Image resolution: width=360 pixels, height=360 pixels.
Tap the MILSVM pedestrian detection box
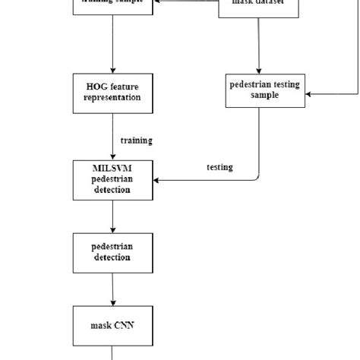[112, 180]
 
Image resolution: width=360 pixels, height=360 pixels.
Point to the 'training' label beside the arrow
[136, 140]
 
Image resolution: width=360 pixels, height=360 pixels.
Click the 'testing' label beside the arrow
[219, 167]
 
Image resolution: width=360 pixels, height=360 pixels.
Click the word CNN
[124, 324]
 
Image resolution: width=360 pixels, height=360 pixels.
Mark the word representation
[112, 99]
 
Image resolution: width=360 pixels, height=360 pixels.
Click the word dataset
[271, 2]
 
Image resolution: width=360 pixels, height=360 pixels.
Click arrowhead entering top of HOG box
[112, 71]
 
